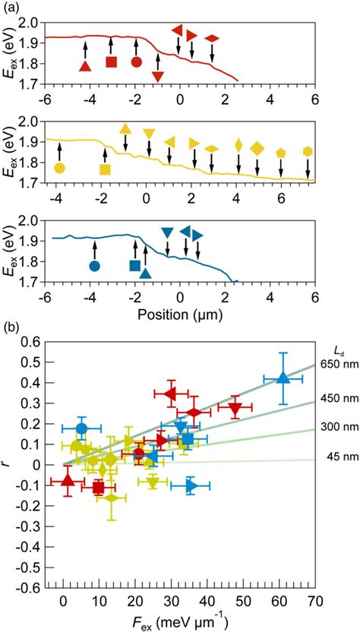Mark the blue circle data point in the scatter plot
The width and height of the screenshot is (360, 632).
tap(81, 428)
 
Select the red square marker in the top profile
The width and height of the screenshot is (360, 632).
tap(111, 62)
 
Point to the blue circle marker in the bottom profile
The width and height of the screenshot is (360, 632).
tap(94, 266)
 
